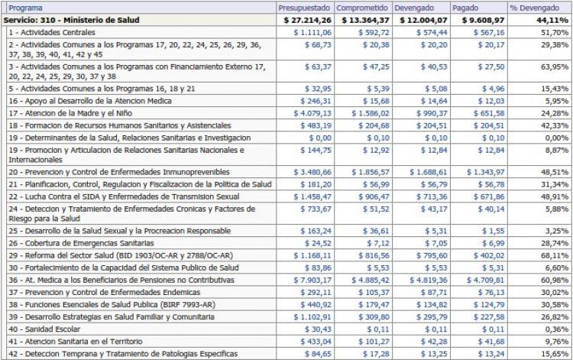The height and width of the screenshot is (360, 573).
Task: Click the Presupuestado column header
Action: coord(304,6)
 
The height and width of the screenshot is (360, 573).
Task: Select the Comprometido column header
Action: coord(363,6)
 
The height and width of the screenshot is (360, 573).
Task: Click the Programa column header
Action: coord(21,6)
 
